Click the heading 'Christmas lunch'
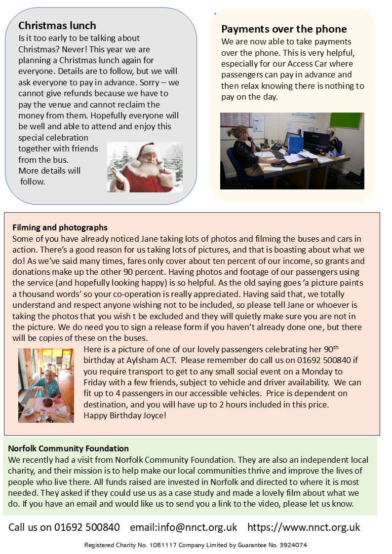click(x=57, y=26)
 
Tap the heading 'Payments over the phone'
click(x=284, y=29)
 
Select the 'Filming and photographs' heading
click(x=60, y=227)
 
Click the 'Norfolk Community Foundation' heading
click(x=69, y=448)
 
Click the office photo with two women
click(x=292, y=150)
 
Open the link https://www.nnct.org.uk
click(x=304, y=527)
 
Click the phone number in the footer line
click(x=87, y=527)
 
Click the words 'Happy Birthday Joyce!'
click(x=125, y=415)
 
